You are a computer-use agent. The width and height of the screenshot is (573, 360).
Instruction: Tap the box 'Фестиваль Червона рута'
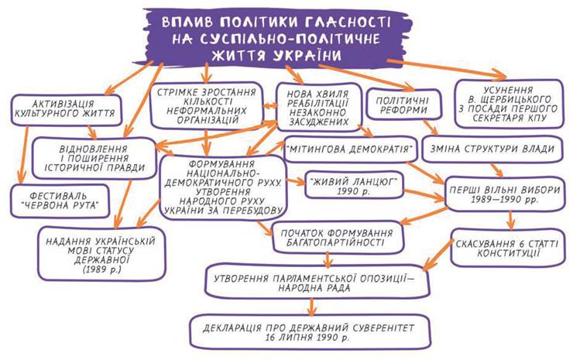(60, 197)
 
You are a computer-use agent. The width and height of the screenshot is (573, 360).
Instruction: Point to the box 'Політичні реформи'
(402, 106)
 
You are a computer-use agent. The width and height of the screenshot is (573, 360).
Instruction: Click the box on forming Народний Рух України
(222, 188)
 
